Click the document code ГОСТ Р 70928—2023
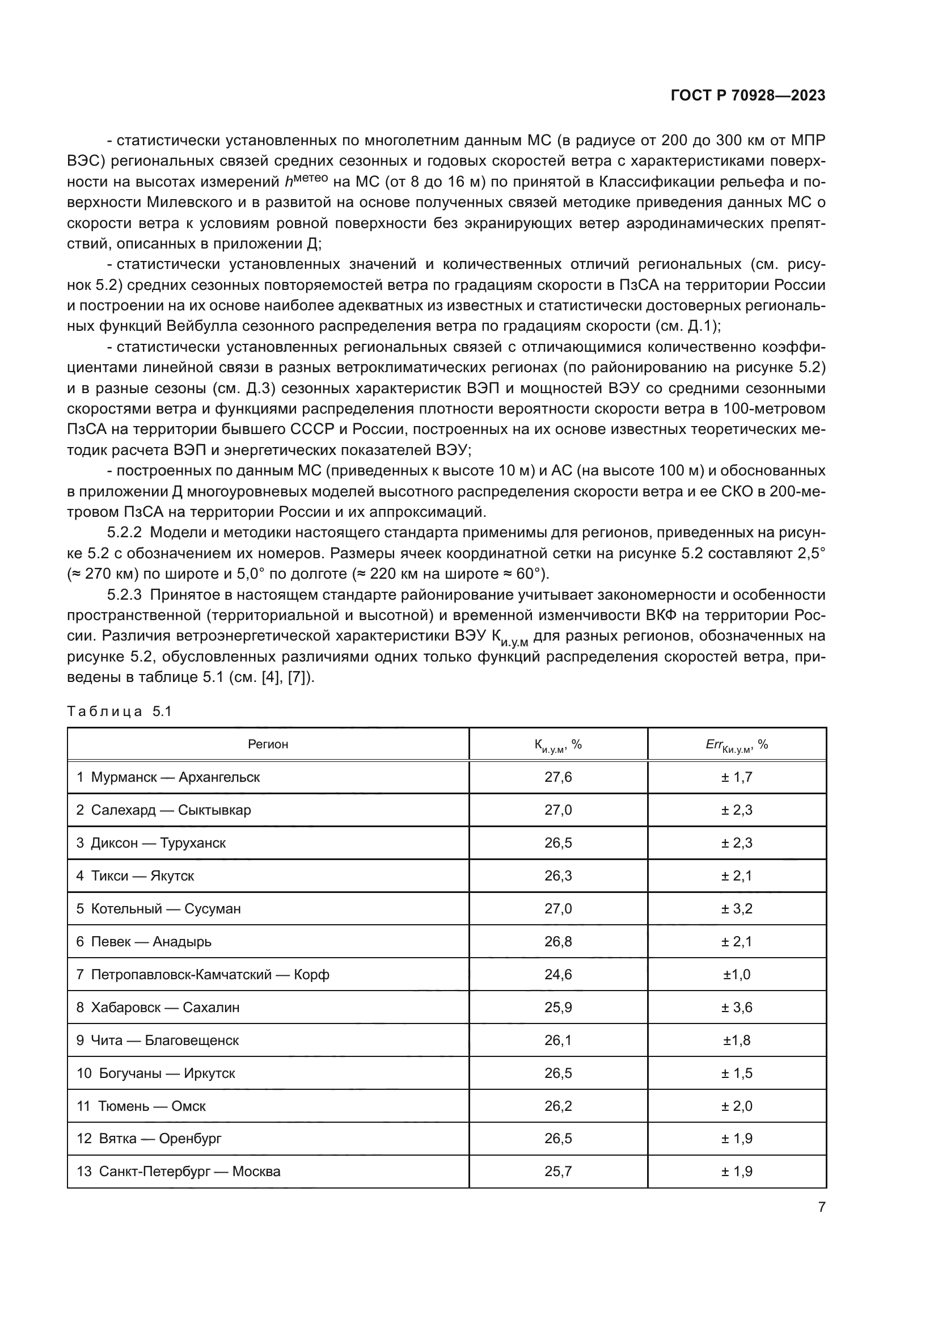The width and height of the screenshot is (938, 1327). point(747,96)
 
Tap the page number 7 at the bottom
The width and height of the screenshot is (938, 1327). point(821,1207)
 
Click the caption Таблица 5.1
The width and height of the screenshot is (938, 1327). point(120,711)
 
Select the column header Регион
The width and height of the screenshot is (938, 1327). point(268,744)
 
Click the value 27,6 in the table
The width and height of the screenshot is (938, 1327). point(558,777)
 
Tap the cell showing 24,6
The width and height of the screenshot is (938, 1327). point(558,975)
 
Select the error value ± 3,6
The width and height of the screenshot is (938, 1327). point(737,1008)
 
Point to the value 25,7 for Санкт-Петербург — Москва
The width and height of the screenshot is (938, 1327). point(558,1172)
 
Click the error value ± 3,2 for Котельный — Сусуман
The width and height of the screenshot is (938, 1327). point(737,909)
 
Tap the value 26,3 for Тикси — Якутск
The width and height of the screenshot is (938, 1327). point(558,876)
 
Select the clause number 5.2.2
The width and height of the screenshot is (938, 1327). point(125,532)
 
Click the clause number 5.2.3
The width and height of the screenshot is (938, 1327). point(125,595)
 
